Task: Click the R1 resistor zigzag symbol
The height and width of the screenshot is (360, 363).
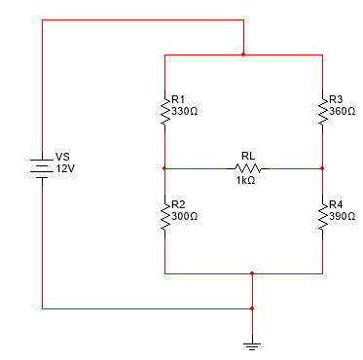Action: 164,111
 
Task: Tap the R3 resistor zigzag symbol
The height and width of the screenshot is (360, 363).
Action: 322,111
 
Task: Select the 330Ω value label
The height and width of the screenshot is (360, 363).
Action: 184,111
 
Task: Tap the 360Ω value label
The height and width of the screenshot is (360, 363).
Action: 342,111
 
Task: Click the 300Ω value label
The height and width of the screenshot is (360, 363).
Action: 184,215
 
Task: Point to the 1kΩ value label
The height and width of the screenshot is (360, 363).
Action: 244,181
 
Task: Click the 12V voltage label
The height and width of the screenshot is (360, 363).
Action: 65,168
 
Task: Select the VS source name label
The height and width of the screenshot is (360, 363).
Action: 63,157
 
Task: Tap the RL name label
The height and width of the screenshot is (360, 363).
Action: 247,156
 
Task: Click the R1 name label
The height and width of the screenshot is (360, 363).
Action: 177,99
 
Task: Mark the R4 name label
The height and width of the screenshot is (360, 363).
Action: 336,204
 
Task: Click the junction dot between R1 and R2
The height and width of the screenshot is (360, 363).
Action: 164,168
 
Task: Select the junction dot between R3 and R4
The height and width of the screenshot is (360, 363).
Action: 322,168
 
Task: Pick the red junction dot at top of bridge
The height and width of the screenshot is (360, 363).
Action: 243,55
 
